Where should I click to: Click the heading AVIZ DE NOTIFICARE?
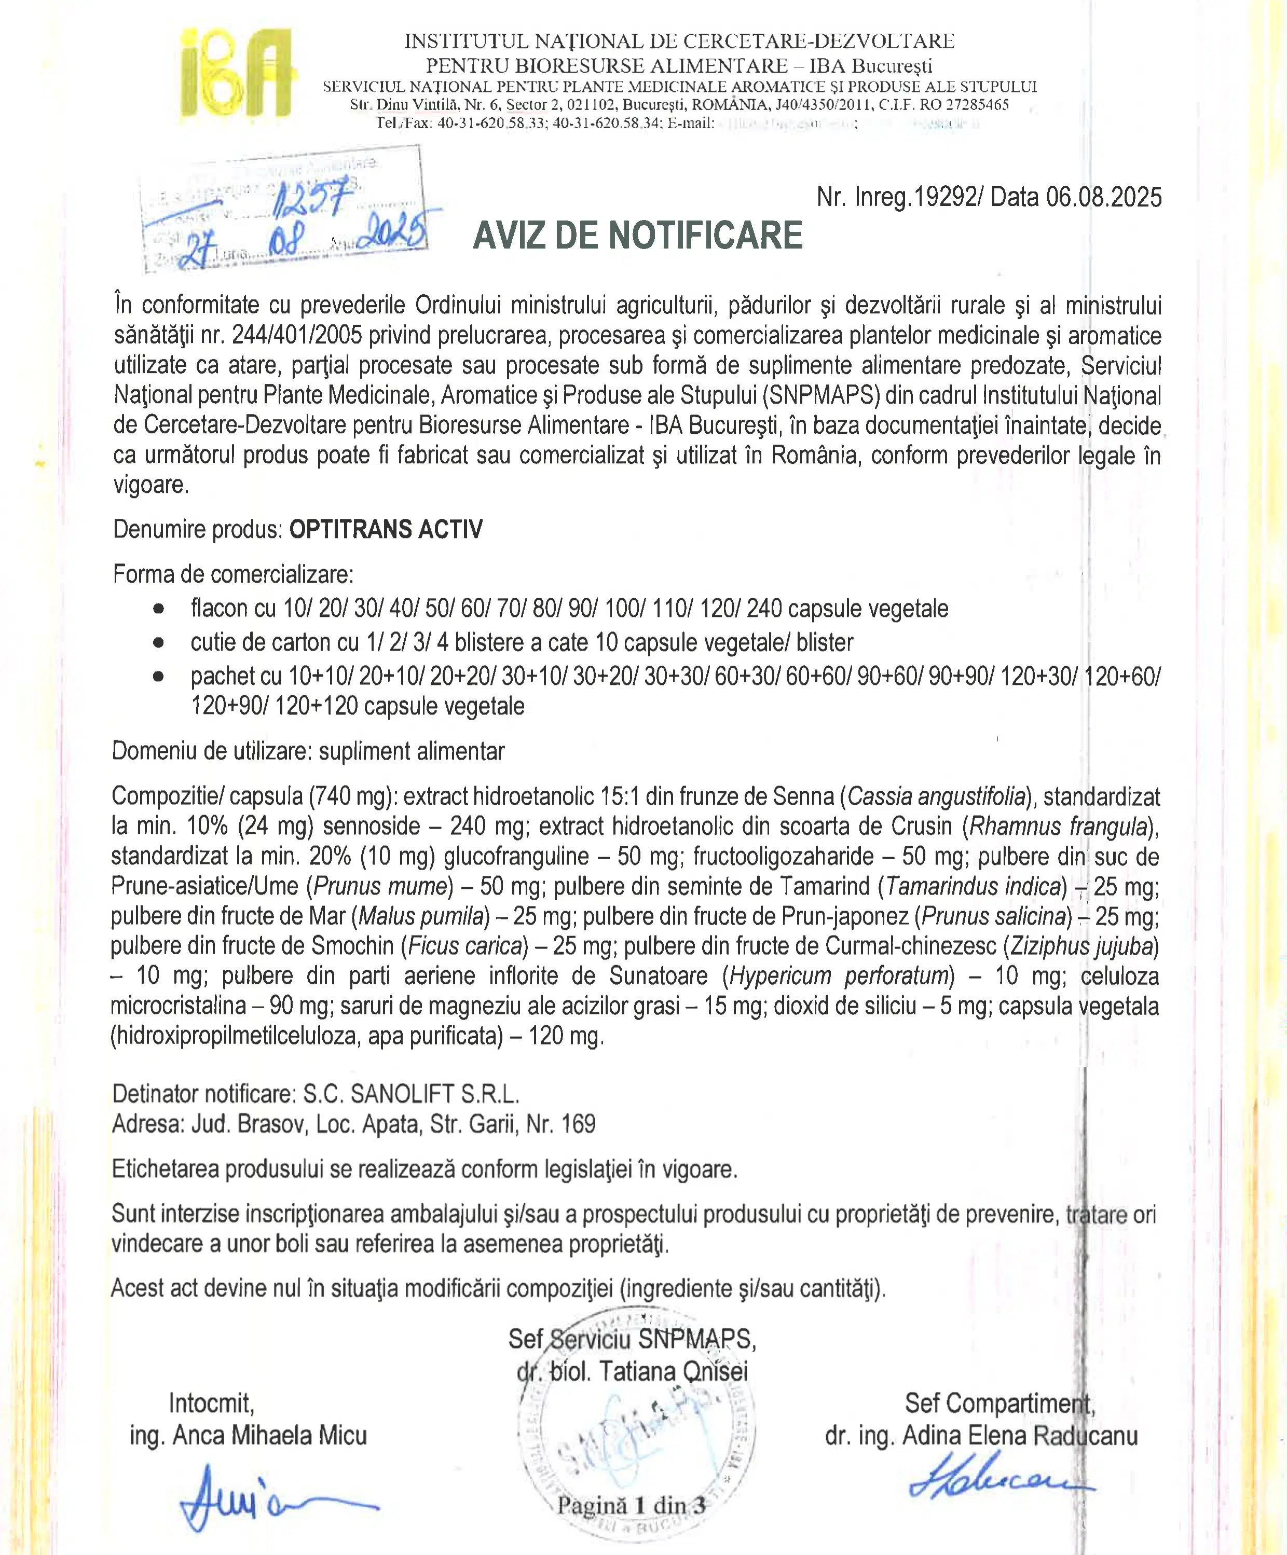(x=638, y=236)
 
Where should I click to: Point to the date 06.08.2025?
(x=1103, y=198)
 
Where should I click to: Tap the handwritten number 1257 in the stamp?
(x=309, y=198)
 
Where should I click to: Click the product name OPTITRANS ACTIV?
(x=386, y=529)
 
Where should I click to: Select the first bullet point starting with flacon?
(x=569, y=609)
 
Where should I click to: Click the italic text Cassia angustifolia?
(x=936, y=797)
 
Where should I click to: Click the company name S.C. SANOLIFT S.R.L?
(x=412, y=1094)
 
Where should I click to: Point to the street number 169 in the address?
(x=578, y=1124)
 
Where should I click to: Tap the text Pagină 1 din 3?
(x=631, y=1505)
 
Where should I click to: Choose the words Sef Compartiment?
(x=999, y=1403)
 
